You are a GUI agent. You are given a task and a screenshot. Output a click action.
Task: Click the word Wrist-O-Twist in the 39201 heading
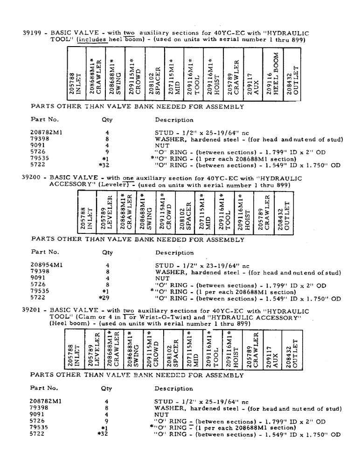(x=140, y=318)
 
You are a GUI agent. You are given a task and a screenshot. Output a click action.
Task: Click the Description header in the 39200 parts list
(x=174, y=253)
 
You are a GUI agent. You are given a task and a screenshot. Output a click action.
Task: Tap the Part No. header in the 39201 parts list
(x=44, y=388)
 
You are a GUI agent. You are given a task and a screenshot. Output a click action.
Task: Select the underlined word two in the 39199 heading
(x=129, y=34)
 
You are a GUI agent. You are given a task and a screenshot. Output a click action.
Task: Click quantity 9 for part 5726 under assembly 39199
(x=107, y=152)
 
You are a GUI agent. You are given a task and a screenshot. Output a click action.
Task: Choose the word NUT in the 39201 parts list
(x=161, y=414)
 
